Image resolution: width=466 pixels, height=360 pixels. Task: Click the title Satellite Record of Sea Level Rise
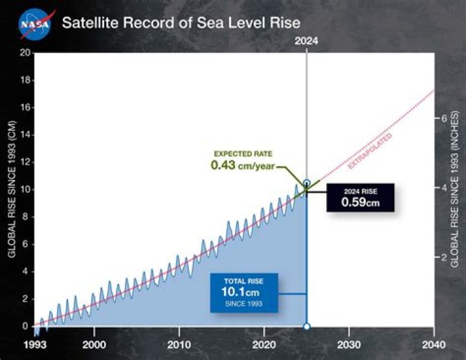(x=181, y=23)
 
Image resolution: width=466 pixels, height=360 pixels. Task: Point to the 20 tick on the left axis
(x=24, y=53)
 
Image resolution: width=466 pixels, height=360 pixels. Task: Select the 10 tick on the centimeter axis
(x=24, y=190)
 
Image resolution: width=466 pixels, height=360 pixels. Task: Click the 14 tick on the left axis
(x=24, y=135)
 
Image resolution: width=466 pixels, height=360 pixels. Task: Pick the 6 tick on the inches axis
(x=445, y=119)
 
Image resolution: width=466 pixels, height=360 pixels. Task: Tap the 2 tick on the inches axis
(x=445, y=257)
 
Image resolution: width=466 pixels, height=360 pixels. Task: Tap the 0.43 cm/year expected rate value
(x=243, y=166)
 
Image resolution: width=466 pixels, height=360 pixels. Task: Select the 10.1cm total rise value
(x=243, y=292)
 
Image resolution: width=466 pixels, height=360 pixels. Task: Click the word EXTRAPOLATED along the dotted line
(x=370, y=152)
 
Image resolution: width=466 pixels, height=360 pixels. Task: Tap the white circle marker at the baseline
(x=307, y=326)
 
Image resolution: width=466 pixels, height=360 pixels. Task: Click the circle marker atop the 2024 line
(x=307, y=183)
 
